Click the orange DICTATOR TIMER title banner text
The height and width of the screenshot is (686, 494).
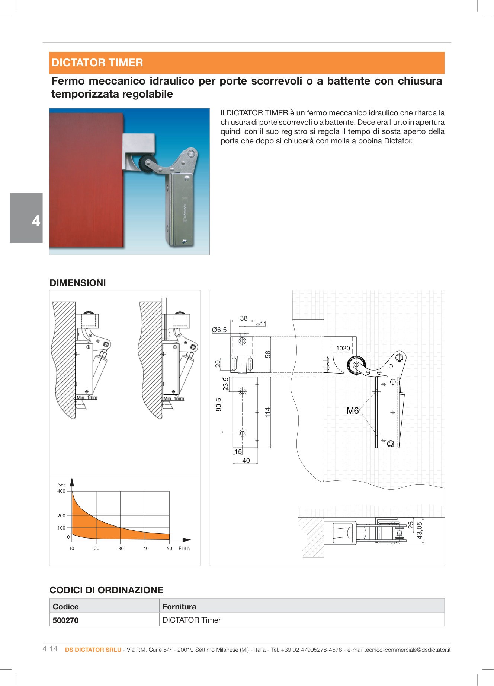tap(97, 63)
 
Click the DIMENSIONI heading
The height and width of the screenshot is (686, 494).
tap(78, 283)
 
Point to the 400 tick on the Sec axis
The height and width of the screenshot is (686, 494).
tap(61, 491)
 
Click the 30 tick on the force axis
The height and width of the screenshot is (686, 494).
tap(121, 549)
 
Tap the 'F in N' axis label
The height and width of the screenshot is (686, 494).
tap(185, 549)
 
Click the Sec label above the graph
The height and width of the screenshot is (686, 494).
tap(62, 485)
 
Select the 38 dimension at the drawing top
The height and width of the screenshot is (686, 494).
tap(244, 318)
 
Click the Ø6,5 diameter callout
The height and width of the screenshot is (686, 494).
tap(219, 330)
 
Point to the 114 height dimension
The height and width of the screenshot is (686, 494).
tap(267, 412)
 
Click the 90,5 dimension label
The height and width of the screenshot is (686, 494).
tap(219, 405)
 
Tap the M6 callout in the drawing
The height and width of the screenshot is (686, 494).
tap(352, 411)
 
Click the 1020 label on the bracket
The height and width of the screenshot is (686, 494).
tap(343, 348)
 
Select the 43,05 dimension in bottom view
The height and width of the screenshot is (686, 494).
tap(420, 530)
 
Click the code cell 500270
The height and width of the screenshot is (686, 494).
tap(66, 620)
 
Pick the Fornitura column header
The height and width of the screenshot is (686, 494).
tap(179, 606)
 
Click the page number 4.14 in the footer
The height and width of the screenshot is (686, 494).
tap(50, 649)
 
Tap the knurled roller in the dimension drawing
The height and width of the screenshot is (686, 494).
tap(356, 365)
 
